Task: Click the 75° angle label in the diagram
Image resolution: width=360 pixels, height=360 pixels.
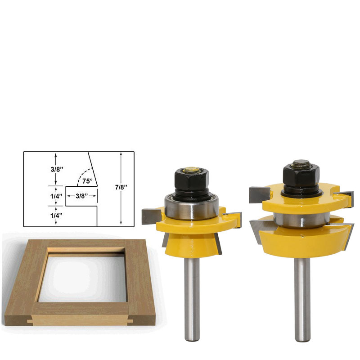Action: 87,181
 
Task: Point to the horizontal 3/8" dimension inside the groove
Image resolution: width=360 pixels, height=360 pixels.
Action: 81,196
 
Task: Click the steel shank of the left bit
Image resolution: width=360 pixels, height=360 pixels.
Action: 191,306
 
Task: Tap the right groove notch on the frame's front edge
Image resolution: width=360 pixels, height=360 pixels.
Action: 129,321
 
